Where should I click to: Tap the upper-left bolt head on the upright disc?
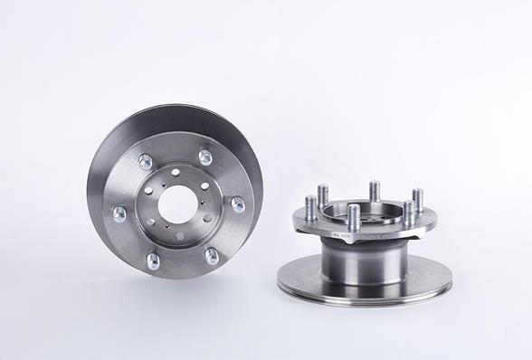pos(145,162)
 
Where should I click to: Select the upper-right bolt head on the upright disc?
pos(205,157)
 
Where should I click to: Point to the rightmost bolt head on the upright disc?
pos(238,204)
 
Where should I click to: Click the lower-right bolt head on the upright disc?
pos(211,256)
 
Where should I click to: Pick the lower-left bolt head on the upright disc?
pos(152,261)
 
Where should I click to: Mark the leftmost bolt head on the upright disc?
pos(119,213)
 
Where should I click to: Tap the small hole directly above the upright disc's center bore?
pos(175,172)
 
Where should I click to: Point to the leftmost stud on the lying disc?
pos(309,208)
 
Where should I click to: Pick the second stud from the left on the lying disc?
pos(323,195)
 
